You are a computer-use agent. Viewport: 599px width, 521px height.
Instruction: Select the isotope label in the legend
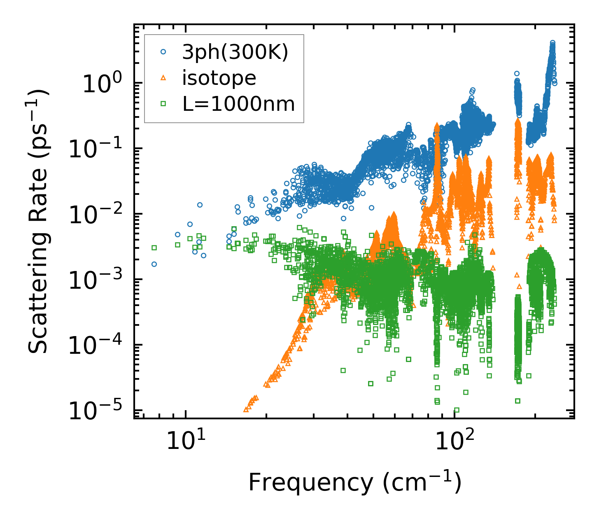coord(219,78)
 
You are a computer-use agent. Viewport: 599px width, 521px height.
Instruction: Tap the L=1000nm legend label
coord(239,104)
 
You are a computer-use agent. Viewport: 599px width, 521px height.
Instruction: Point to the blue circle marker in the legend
coord(163,52)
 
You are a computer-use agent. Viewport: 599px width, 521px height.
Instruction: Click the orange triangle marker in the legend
coord(163,78)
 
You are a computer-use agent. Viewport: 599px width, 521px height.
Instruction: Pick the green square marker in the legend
coord(163,104)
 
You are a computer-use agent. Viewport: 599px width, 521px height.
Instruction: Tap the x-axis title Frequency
coord(354,482)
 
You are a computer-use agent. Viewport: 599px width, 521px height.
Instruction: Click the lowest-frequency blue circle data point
coord(154,264)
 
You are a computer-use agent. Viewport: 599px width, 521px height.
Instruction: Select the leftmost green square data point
coord(154,248)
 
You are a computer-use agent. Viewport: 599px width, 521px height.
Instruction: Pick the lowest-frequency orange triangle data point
coord(246,410)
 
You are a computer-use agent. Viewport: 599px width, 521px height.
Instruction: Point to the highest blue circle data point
coord(552,42)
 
